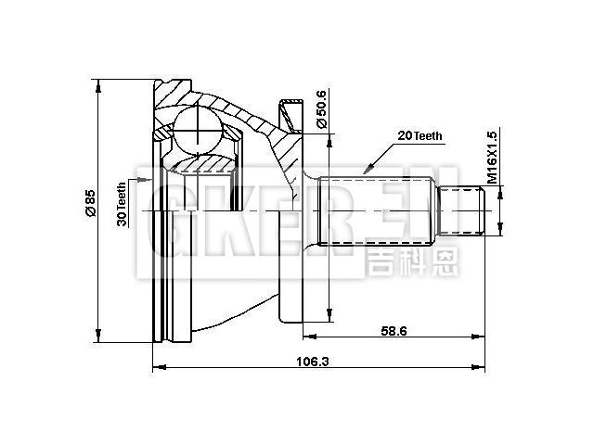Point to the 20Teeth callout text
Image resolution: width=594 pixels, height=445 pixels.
(420, 135)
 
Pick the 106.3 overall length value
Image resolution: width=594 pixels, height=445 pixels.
(318, 361)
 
